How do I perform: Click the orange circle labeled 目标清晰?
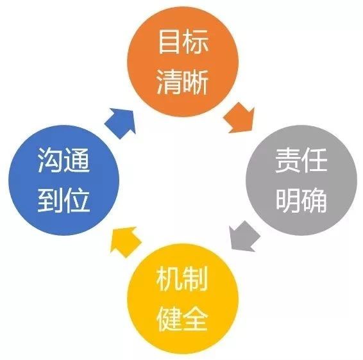(183, 61)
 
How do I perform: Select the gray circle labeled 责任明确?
(301, 180)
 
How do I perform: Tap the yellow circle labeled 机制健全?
(183, 299)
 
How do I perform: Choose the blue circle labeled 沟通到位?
(64, 180)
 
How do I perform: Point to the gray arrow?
(244, 236)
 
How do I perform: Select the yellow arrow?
(125, 241)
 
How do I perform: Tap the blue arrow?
(121, 123)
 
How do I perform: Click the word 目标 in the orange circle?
(183, 42)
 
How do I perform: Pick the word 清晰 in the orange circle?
(183, 82)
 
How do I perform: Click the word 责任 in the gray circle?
(301, 160)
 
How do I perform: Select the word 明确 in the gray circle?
(301, 200)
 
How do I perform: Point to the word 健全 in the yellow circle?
(182, 318)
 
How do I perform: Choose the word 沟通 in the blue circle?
(63, 160)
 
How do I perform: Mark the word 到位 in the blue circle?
(63, 200)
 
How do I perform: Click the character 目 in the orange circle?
(170, 42)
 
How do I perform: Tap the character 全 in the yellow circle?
(196, 318)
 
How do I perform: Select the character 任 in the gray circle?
(315, 160)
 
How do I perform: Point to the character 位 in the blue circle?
(77, 200)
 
